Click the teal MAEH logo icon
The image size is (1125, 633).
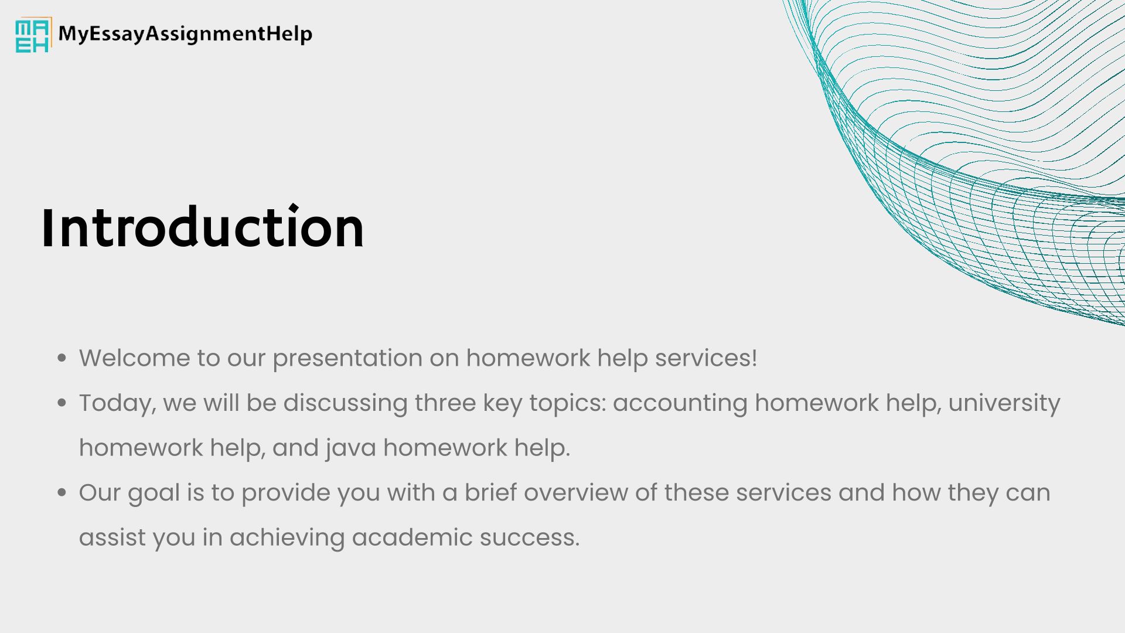(33, 35)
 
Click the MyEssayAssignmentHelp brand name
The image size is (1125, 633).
(185, 34)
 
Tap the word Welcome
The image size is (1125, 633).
(135, 358)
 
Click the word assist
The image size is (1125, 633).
(112, 537)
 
